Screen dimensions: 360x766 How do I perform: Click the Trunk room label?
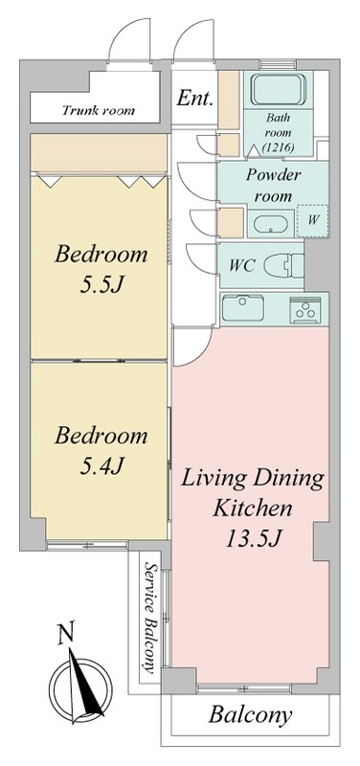click(98, 110)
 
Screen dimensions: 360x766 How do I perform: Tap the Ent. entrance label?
click(194, 99)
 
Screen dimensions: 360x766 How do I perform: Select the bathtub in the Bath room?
click(279, 90)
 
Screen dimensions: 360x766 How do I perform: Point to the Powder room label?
click(273, 185)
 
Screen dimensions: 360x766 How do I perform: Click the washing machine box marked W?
click(313, 221)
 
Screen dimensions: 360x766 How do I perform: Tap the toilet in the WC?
click(283, 266)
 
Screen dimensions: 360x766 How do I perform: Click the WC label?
click(242, 267)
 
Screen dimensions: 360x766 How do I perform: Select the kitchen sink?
click(243, 308)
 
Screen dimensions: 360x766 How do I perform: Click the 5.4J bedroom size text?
click(101, 466)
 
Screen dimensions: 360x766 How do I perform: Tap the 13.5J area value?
click(253, 538)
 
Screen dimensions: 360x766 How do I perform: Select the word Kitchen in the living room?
click(253, 508)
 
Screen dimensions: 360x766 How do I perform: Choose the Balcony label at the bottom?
click(250, 715)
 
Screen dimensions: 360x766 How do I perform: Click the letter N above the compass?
click(67, 635)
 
